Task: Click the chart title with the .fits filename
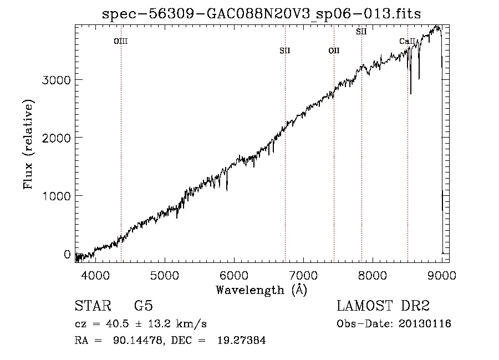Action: [x=261, y=14]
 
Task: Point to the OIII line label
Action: [x=121, y=41]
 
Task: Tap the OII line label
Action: [x=334, y=50]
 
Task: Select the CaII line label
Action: [x=408, y=41]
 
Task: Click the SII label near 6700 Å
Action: [x=285, y=50]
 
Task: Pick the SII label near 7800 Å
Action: [x=361, y=32]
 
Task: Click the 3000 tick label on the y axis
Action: [x=57, y=80]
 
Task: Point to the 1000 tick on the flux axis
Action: [x=57, y=196]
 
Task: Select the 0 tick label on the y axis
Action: [x=67, y=254]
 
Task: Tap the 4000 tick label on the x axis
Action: [x=95, y=275]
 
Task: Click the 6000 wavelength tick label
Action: [x=234, y=275]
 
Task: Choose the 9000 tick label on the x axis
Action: [x=442, y=275]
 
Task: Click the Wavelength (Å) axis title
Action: [x=262, y=290]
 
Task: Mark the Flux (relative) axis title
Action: [x=28, y=144]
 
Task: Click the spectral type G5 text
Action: [x=144, y=306]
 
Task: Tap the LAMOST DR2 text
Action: [x=383, y=306]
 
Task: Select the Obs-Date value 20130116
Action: [x=425, y=324]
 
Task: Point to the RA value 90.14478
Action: [x=139, y=340]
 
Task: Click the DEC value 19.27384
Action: [x=242, y=340]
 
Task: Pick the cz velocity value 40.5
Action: [x=118, y=324]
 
